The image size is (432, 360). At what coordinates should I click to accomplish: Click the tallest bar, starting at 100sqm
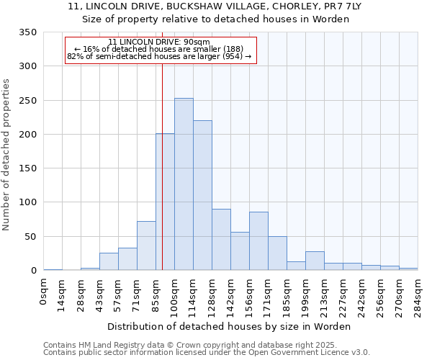coord(184,184)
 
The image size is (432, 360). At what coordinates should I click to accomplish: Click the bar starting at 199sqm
coord(315,261)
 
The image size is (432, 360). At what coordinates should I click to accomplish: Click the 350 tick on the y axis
coord(27,32)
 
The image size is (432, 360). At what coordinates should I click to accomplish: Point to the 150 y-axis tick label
coord(27,168)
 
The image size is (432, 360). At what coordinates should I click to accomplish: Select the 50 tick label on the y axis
coord(30,237)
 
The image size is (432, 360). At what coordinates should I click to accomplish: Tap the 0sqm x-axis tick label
coord(44,292)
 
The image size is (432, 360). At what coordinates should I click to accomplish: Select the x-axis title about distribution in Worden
coord(230,326)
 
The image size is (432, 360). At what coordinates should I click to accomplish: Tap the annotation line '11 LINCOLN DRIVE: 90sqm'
coord(159,42)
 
